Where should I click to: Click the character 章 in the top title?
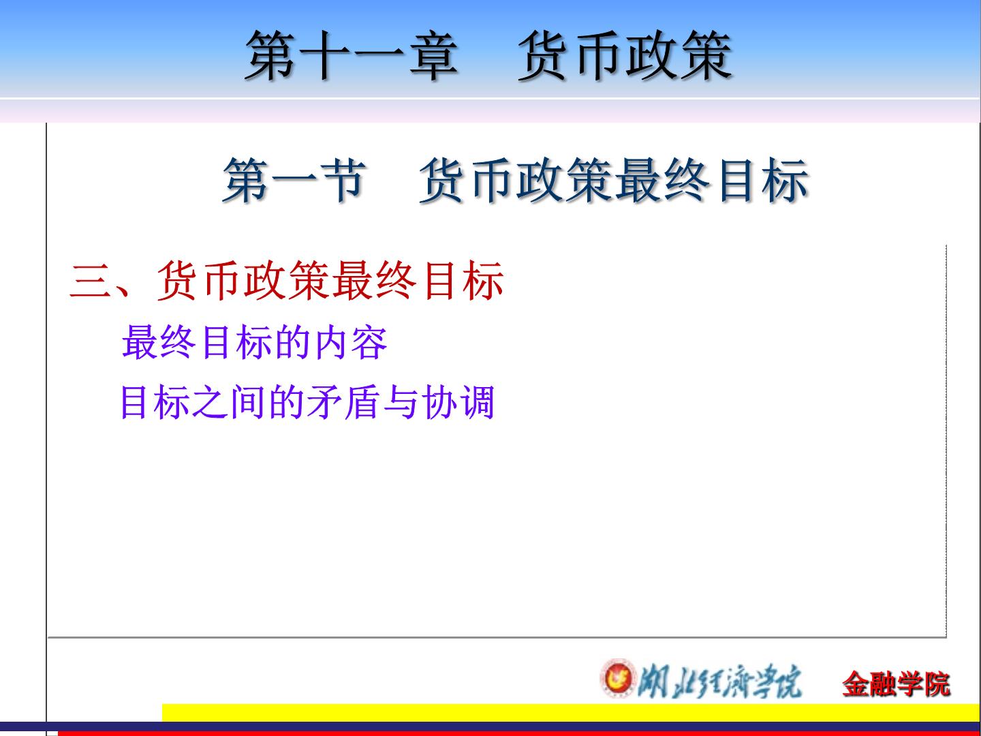(x=433, y=57)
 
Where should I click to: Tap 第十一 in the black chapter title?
(x=325, y=57)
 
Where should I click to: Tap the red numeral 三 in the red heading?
(x=90, y=281)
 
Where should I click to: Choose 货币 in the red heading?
(x=198, y=281)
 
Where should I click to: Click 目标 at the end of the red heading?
(x=463, y=281)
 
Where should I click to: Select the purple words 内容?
(x=350, y=342)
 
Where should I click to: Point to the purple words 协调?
(x=458, y=402)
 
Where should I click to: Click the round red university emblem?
(x=619, y=677)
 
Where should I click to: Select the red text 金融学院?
(x=896, y=684)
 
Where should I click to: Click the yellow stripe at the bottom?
(x=571, y=712)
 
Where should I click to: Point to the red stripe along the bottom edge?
(x=519, y=733)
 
